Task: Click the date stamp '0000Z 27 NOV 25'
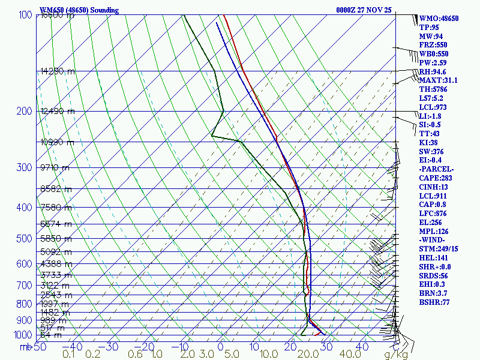(x=364, y=10)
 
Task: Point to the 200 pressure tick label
(x=23, y=111)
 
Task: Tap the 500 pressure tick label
(x=23, y=239)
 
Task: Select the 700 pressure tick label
(x=23, y=286)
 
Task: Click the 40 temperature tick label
(x=362, y=347)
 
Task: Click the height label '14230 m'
(x=58, y=71)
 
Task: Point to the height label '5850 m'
(x=56, y=238)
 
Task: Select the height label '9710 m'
(x=55, y=167)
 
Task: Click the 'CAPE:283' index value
(x=436, y=178)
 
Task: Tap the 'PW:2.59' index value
(x=433, y=62)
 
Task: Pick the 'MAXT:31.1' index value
(x=438, y=80)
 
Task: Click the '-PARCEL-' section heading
(x=437, y=169)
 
